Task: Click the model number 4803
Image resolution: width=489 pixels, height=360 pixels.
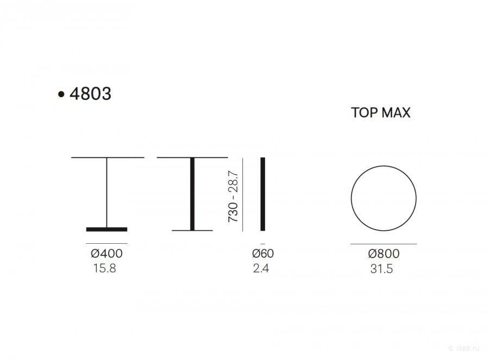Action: pos(90,93)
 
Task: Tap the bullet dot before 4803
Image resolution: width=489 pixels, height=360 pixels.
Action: pos(61,94)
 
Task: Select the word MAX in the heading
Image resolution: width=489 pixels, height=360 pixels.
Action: pos(396,112)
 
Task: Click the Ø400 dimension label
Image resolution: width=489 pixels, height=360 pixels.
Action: pos(106,254)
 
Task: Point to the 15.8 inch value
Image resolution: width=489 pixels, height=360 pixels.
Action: pos(105,268)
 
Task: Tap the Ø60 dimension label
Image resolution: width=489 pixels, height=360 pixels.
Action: pos(263,254)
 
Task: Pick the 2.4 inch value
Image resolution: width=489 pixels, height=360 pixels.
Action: pos(261,268)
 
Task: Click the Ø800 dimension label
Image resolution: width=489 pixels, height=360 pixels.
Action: pos(384,254)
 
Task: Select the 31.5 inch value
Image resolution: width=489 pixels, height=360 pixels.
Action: pos(382,269)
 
